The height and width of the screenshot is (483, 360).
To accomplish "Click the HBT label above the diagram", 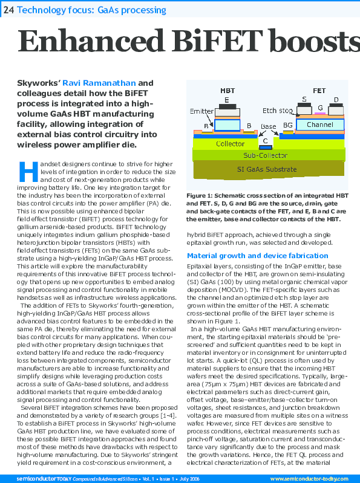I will point(227,91).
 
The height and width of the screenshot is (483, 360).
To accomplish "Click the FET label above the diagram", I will point(319,91).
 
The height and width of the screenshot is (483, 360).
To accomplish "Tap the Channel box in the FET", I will point(319,125).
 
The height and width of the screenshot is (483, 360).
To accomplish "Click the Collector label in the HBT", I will point(230,144).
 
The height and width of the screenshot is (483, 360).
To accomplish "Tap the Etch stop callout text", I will point(278,111).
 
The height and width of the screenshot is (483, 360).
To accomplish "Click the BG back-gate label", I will point(288,126).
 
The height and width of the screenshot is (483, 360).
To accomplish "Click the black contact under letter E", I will point(227,108).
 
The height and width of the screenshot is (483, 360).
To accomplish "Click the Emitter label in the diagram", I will point(201,112).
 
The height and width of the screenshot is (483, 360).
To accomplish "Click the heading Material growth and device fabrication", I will point(257,256).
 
